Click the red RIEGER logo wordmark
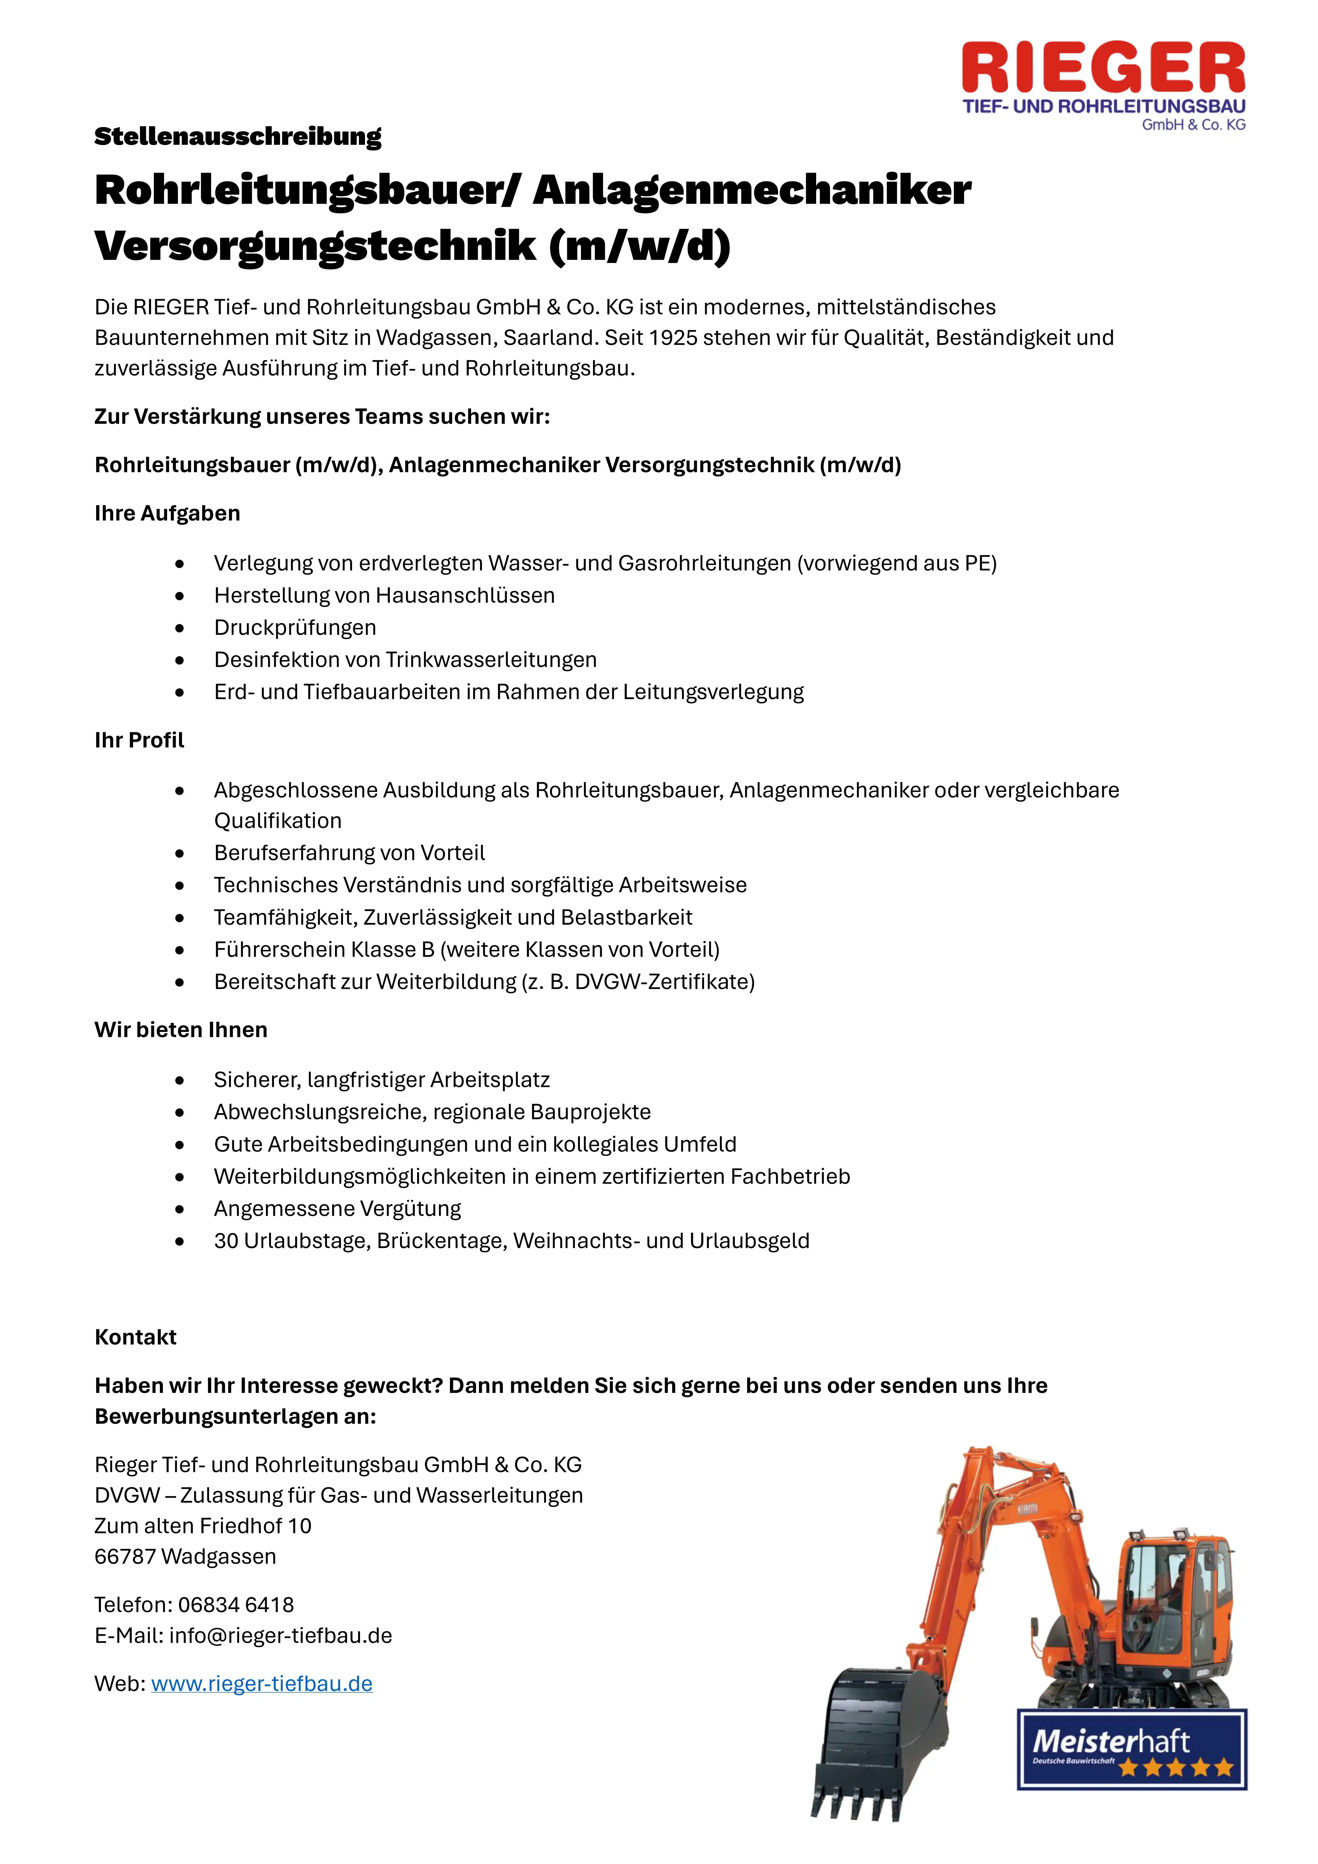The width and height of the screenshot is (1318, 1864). (x=1103, y=69)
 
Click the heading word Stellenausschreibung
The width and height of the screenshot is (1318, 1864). (x=237, y=136)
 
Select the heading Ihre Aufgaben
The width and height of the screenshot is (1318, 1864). (x=167, y=513)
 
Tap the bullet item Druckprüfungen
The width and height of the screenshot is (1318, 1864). (x=295, y=628)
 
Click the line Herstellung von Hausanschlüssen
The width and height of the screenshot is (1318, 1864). (x=384, y=595)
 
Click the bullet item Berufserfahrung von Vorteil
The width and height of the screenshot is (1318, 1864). (x=349, y=853)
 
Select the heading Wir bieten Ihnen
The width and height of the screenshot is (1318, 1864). (x=180, y=1030)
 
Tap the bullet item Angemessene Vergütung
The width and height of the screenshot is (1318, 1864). (x=337, y=1208)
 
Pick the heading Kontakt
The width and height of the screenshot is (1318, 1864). (x=135, y=1337)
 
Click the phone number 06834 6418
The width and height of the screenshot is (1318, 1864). (x=235, y=1605)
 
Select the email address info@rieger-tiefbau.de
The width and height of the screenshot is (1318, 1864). (x=280, y=1636)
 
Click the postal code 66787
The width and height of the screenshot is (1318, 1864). (x=125, y=1556)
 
